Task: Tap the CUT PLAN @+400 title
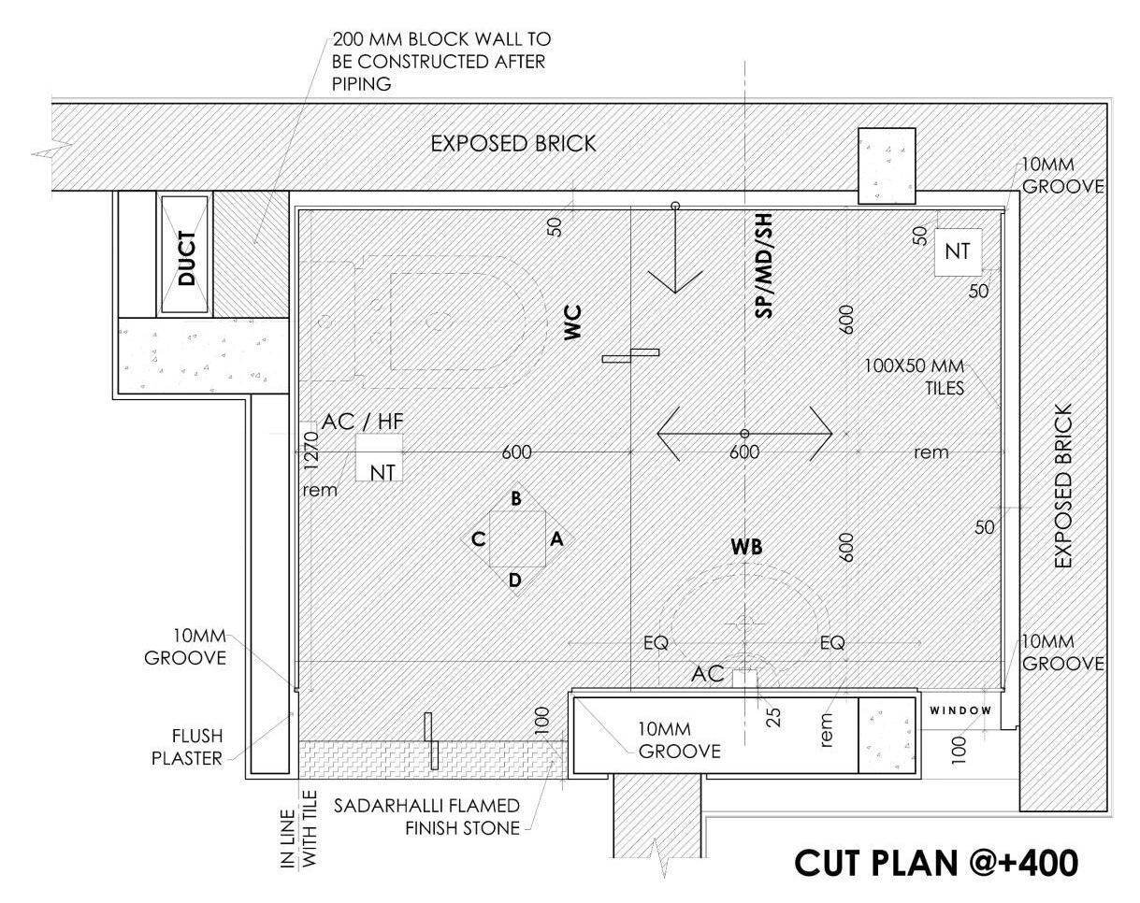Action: click(x=935, y=863)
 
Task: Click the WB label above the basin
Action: click(x=746, y=548)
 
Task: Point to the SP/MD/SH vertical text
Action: click(x=764, y=265)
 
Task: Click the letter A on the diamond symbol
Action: click(x=557, y=538)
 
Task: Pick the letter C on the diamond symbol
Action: click(x=477, y=538)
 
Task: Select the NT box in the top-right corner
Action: click(x=957, y=251)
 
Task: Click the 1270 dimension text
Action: click(x=312, y=448)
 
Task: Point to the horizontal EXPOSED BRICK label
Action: click(x=512, y=144)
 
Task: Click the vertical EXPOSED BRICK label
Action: click(x=1063, y=486)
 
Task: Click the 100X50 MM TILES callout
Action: click(x=916, y=377)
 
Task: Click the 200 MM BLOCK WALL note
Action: click(x=440, y=61)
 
